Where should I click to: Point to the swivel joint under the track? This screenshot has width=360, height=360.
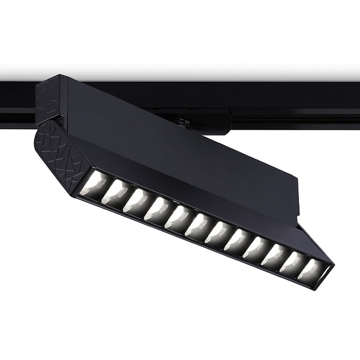pos(184,121)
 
